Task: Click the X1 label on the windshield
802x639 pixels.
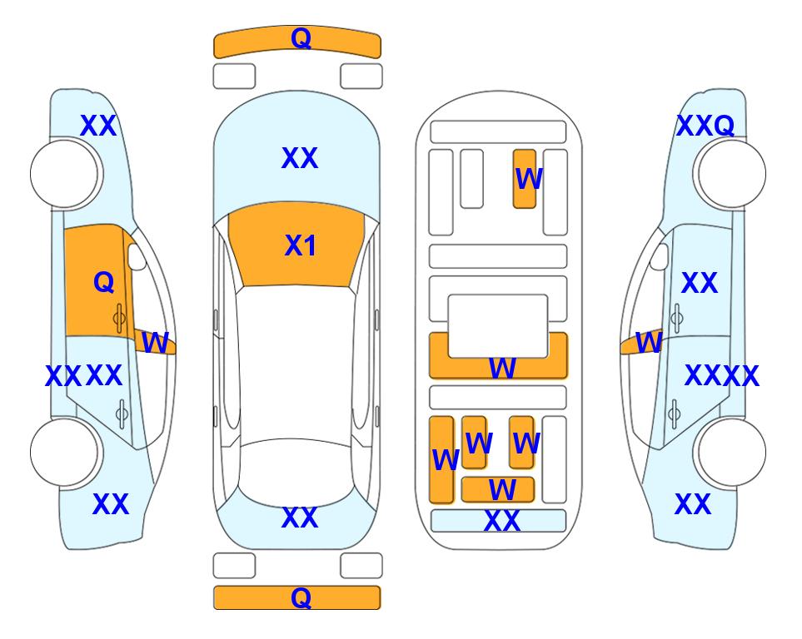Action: (x=301, y=245)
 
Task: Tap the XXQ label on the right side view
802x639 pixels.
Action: (x=705, y=126)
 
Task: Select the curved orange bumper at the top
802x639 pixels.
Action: (x=297, y=42)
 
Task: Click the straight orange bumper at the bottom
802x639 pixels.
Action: (x=297, y=597)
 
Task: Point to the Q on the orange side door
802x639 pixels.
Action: (x=104, y=282)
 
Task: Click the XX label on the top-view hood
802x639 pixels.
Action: (x=300, y=158)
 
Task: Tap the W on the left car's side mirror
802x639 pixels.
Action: (x=155, y=343)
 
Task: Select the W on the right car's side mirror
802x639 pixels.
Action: (x=649, y=343)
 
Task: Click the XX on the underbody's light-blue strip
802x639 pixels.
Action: (x=501, y=521)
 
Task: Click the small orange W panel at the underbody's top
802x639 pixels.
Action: (x=525, y=179)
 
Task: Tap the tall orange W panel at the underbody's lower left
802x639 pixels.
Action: (x=441, y=460)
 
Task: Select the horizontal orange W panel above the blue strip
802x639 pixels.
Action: (x=498, y=490)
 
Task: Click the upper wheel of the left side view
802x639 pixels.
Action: (x=65, y=174)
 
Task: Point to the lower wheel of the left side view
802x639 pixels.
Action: (x=65, y=452)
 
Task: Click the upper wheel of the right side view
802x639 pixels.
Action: (x=731, y=174)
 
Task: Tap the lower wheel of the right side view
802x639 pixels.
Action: (x=731, y=452)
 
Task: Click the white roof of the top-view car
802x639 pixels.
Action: (x=296, y=363)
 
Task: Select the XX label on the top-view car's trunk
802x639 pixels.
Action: (x=300, y=518)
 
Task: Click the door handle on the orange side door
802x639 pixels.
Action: (x=119, y=318)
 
